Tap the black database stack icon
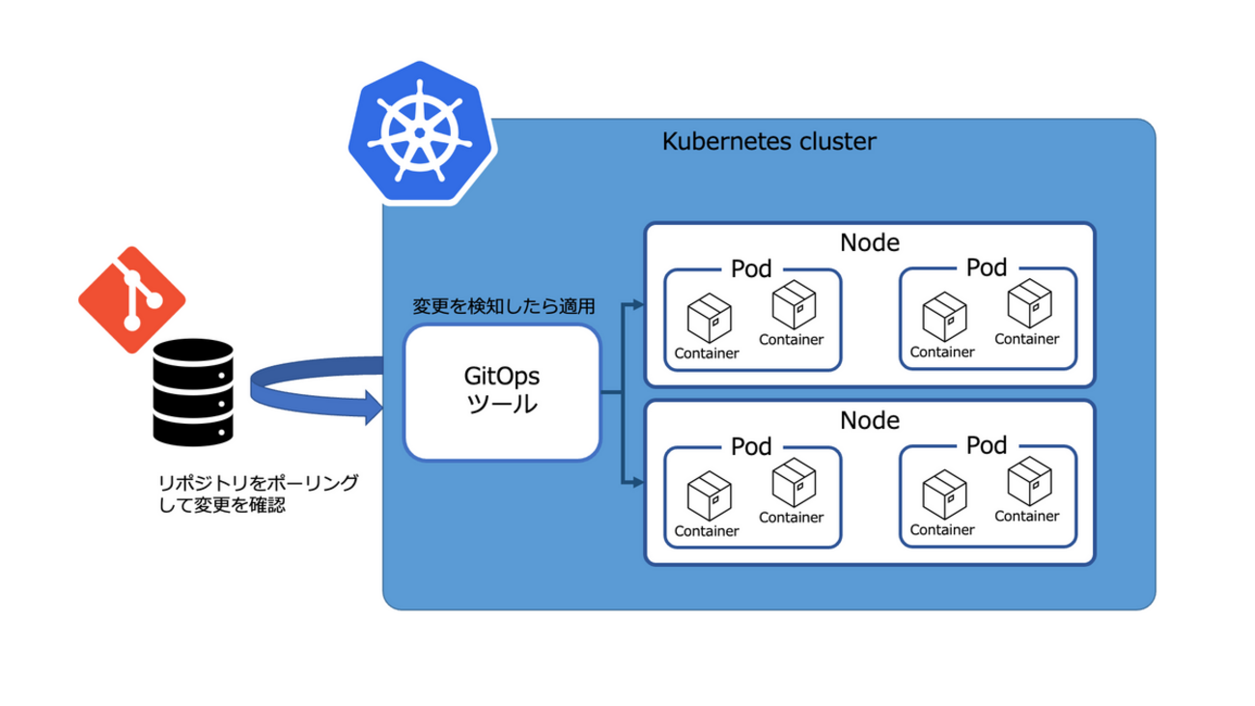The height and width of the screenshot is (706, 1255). (194, 392)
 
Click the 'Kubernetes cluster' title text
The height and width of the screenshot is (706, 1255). (769, 142)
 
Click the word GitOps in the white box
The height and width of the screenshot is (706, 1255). (502, 375)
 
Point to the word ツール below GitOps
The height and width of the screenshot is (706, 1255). (502, 405)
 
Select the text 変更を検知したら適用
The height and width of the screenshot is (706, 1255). (503, 307)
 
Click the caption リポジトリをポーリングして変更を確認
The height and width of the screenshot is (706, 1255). (258, 493)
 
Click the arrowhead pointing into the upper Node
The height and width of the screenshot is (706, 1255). (637, 305)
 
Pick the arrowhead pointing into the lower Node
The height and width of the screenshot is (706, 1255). (637, 480)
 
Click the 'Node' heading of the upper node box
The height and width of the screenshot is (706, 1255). (870, 241)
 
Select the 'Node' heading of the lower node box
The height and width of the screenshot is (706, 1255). (870, 420)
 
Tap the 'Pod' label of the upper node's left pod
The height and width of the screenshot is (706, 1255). (750, 268)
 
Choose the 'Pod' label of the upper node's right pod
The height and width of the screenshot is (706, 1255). (986, 268)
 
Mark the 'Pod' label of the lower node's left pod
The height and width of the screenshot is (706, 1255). (750, 446)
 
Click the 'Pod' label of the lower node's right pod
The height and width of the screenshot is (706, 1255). (986, 446)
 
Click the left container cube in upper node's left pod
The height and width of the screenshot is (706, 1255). (708, 318)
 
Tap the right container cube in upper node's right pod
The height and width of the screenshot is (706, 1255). (1028, 303)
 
